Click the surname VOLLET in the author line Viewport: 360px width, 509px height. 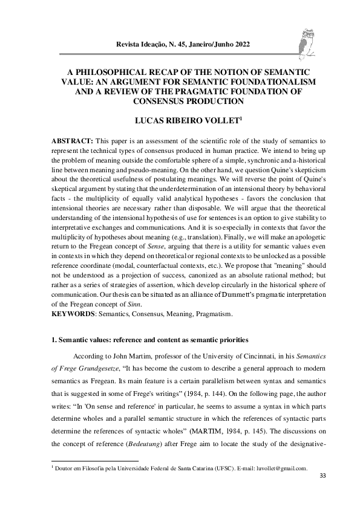[203, 121]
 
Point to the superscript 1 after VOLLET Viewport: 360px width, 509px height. [224, 118]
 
